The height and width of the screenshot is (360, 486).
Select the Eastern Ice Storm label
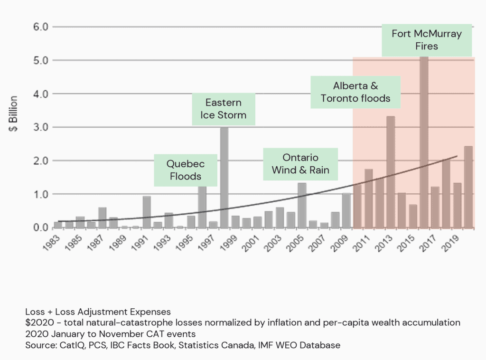pos(224,109)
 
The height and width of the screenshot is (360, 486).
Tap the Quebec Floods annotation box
pos(185,170)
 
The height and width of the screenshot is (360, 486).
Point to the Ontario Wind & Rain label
pos(300,164)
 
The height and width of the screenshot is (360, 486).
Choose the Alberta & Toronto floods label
pos(355,92)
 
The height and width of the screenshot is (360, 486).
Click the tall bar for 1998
pos(224,178)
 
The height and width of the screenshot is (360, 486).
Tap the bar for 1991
pos(147,212)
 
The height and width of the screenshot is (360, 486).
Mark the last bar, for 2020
pos(468,187)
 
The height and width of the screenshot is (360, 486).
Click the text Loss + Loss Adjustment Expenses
pos(98,312)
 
